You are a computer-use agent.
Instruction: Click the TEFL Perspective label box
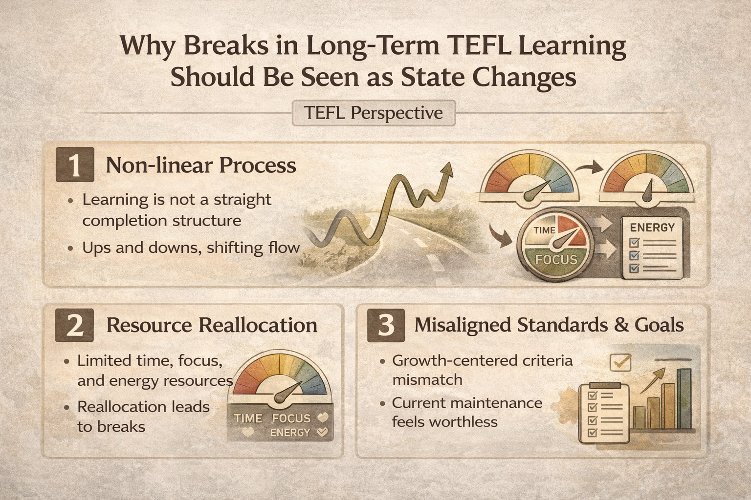tap(374, 113)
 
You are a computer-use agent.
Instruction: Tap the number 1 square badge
tap(75, 165)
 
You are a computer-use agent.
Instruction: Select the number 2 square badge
tap(75, 325)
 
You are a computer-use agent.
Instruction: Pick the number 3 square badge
tap(386, 325)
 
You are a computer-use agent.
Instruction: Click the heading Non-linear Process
tap(201, 166)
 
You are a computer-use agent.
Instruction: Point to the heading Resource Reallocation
tap(212, 325)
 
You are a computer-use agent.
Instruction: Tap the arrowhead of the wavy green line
tap(446, 169)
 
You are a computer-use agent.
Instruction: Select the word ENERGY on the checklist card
tap(652, 228)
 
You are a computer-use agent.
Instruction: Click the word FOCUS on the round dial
tap(556, 259)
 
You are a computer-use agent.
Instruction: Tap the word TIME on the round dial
tap(544, 230)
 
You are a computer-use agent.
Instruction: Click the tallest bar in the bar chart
tap(685, 398)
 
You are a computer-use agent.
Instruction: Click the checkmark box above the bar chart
tap(620, 362)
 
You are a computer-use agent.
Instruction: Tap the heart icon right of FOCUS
tap(323, 418)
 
